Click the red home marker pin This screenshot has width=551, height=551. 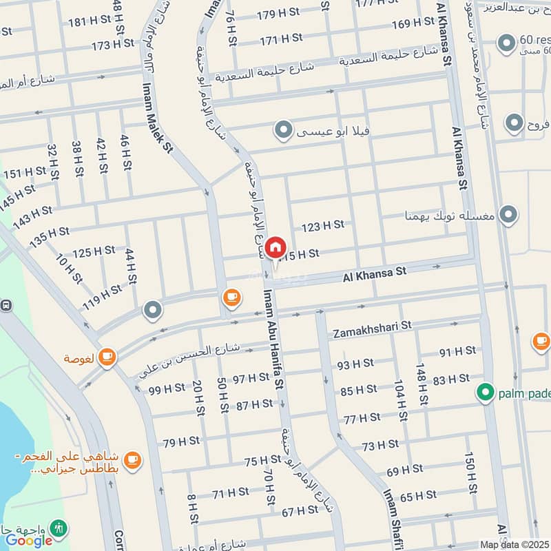[275, 247]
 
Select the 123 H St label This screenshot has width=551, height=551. [322, 225]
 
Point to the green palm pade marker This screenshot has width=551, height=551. [486, 393]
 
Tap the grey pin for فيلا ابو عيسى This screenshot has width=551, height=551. [282, 129]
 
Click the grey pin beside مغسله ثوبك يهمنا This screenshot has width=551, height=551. [508, 215]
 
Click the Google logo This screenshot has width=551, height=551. [29, 540]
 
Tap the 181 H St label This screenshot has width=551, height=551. [90, 21]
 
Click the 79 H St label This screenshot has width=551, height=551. [181, 441]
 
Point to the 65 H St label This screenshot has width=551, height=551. [418, 495]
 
